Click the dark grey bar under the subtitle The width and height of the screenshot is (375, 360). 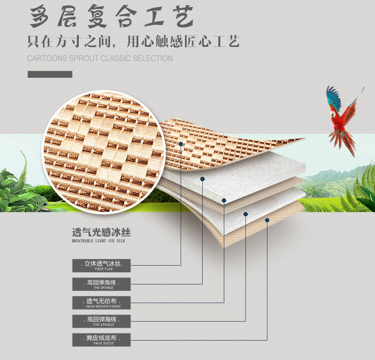point(50,74)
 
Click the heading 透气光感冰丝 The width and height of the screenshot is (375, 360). point(101,233)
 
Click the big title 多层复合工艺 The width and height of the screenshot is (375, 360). point(112,18)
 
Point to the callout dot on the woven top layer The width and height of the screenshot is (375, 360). point(181,143)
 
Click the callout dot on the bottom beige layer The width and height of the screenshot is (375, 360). point(267,220)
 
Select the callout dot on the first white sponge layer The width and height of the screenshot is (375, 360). point(202,179)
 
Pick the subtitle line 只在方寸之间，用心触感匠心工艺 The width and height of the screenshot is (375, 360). point(133,41)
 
